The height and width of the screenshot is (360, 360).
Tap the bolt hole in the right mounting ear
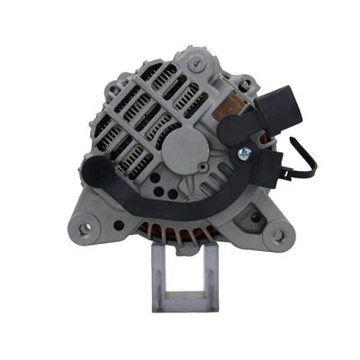tap(278, 235)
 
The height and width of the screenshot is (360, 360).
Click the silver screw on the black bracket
tap(244, 154)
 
